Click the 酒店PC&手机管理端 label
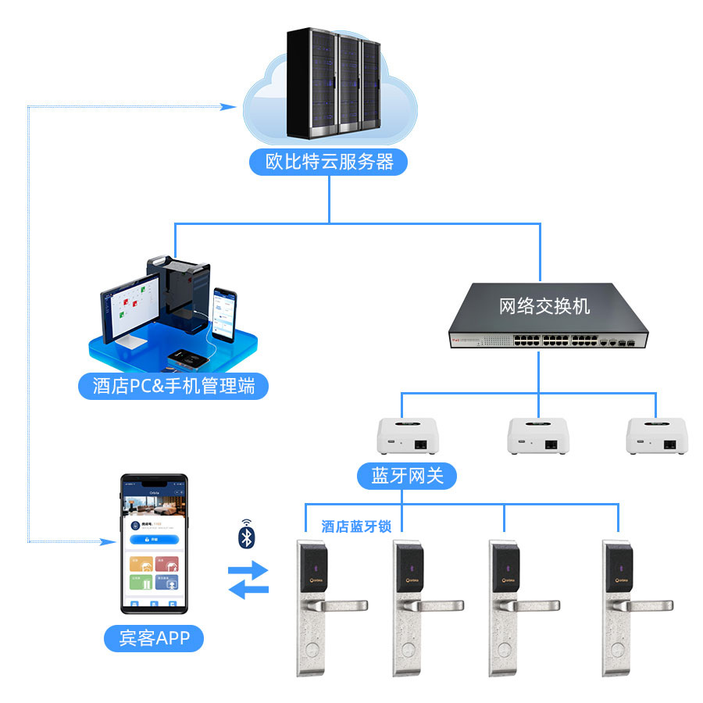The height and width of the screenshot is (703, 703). coord(173,386)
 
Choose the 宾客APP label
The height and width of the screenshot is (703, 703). coord(154,638)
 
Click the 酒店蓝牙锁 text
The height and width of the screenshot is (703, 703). coord(356,526)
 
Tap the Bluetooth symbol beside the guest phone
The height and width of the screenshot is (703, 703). coord(247,537)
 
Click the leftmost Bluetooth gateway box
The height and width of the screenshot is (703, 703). coord(406,437)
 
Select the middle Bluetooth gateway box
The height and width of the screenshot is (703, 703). coord(538,437)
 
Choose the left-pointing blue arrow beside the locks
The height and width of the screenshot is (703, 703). coord(248,591)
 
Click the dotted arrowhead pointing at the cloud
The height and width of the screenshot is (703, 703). coord(230,106)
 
